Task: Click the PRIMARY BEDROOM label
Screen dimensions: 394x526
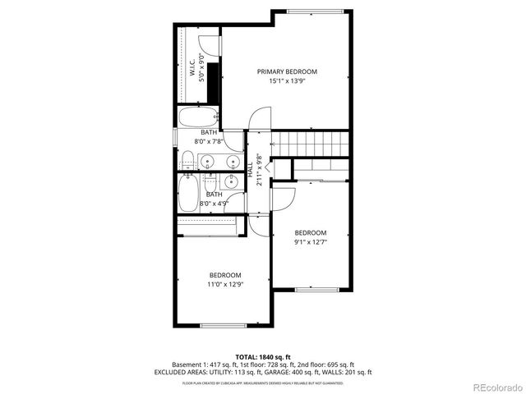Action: point(287,72)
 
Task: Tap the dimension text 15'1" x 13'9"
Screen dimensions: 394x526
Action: point(287,81)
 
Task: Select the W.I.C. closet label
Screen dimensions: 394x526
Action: point(191,66)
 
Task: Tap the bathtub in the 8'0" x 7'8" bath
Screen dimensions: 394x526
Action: point(197,117)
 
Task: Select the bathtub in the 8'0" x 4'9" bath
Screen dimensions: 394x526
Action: point(187,194)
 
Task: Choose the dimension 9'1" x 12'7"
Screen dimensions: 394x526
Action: point(311,242)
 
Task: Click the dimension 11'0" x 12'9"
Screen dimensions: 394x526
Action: point(224,284)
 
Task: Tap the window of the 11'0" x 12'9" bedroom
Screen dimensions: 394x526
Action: point(224,326)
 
